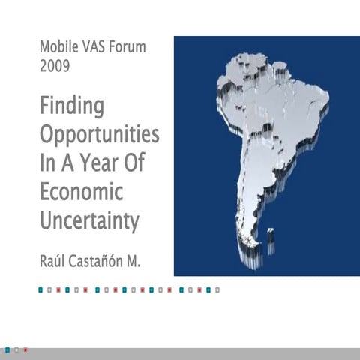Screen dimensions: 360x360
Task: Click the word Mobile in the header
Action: coord(60,47)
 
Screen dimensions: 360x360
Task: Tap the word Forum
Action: coord(129,47)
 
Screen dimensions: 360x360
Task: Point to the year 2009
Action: coord(55,66)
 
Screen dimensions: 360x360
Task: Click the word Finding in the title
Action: coord(71,107)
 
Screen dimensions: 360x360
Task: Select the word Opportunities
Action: coord(99,136)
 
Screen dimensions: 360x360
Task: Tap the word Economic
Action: coord(80,192)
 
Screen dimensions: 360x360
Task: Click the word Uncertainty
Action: coord(89,221)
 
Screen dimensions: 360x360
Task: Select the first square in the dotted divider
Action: coord(40,288)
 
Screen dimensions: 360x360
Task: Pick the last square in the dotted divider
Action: coord(217,288)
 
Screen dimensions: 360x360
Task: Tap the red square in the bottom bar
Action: coord(25,349)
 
